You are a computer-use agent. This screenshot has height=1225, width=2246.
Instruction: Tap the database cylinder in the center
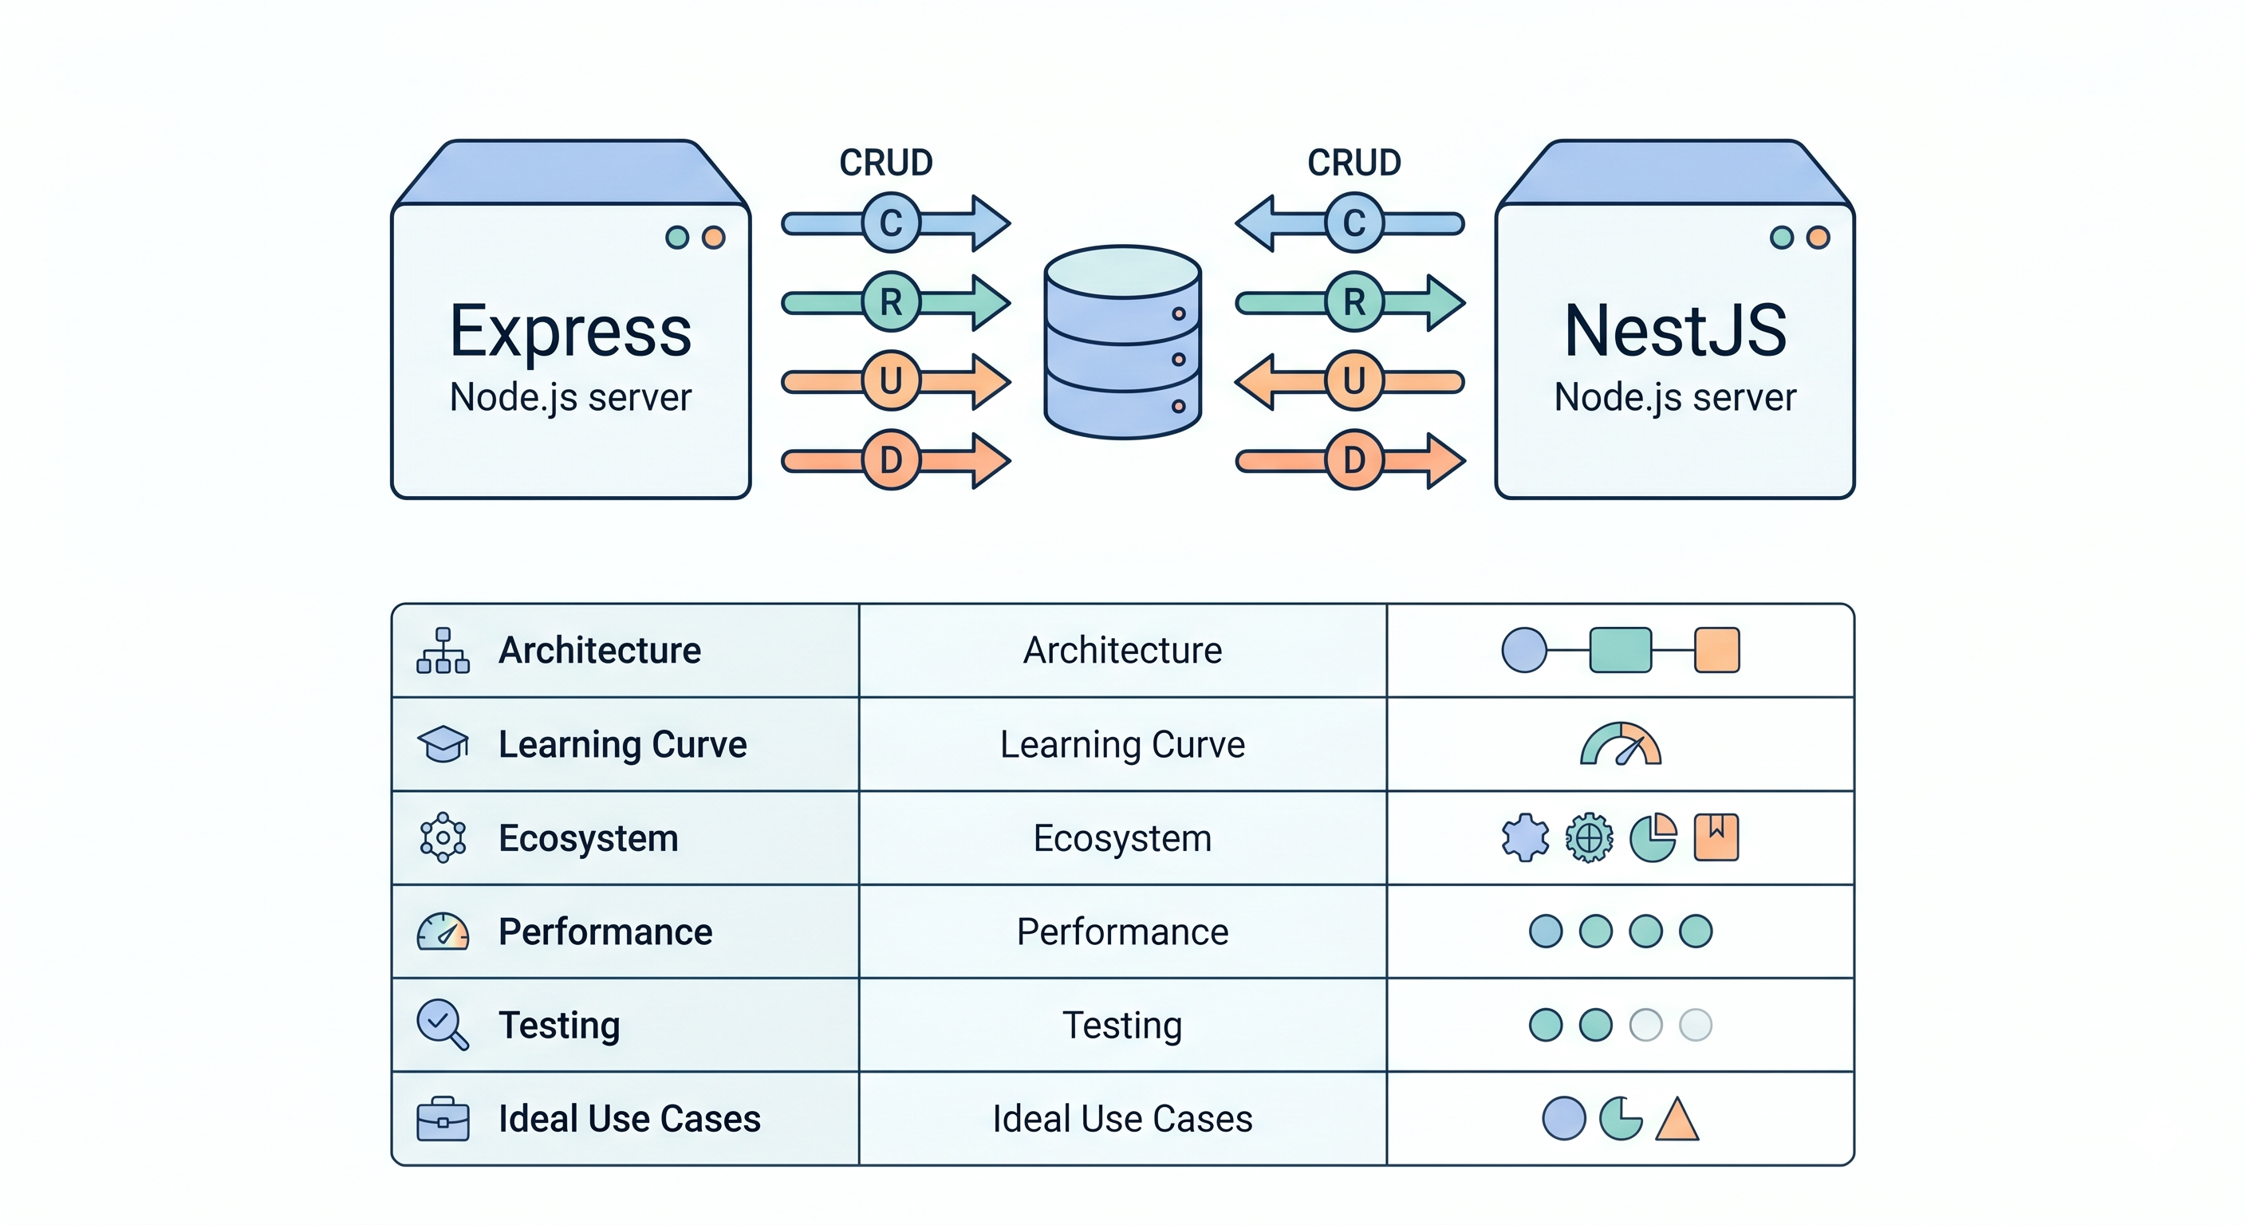1123,342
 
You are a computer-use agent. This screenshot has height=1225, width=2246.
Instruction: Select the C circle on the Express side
890,223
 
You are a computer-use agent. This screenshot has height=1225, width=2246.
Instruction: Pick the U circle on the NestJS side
1354,381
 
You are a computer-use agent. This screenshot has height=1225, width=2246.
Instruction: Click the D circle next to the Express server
890,459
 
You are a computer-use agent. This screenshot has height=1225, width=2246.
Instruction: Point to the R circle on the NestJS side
1354,301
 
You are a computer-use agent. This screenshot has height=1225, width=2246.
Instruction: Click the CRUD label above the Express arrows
886,163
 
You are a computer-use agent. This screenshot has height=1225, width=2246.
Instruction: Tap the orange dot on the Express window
713,237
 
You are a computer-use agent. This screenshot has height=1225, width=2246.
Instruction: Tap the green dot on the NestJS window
1781,237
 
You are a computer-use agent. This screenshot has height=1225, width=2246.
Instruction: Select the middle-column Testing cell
1122,1026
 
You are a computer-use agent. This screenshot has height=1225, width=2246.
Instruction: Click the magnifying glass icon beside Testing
441,1023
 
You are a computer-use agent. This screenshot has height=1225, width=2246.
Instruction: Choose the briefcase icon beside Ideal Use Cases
443,1120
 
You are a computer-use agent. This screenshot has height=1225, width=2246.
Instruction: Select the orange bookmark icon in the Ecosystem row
1716,838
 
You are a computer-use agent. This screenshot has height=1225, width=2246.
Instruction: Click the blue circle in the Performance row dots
1546,932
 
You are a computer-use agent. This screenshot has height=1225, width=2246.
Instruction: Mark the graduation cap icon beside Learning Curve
443,744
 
